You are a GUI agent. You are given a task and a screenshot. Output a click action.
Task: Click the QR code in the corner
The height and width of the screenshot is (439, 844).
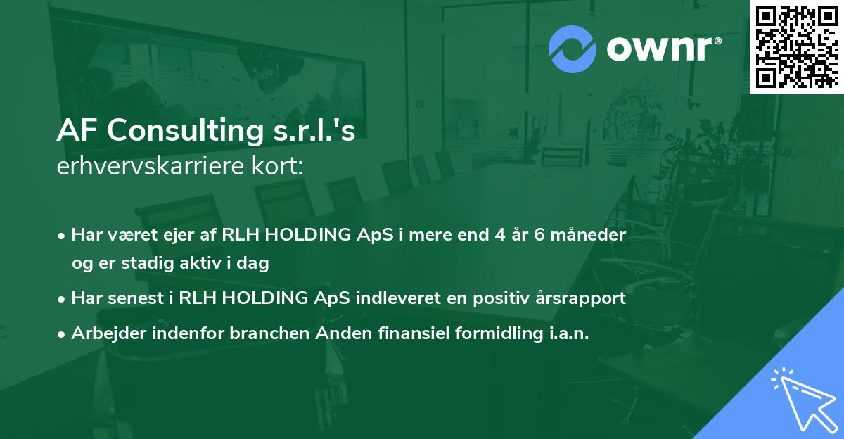(x=796, y=46)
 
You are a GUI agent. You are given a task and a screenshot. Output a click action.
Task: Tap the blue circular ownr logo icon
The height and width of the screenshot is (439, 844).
(x=573, y=49)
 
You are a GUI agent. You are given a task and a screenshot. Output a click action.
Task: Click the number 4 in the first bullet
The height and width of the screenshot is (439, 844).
(x=495, y=234)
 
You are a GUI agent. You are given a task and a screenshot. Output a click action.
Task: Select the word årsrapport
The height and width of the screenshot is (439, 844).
(x=583, y=298)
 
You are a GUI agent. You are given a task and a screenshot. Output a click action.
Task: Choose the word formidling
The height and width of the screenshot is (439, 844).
(x=485, y=334)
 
